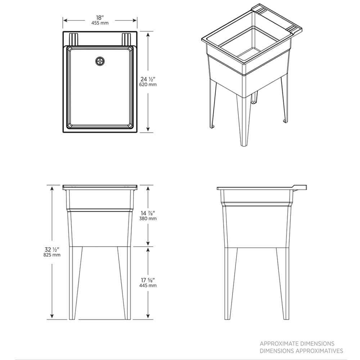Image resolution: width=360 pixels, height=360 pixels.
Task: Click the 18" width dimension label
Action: pyautogui.click(x=100, y=18)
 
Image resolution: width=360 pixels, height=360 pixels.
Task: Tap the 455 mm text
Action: pyautogui.click(x=100, y=23)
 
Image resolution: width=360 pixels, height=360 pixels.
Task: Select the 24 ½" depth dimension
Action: pyautogui.click(x=148, y=79)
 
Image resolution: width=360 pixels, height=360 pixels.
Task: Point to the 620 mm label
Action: pyautogui.click(x=148, y=85)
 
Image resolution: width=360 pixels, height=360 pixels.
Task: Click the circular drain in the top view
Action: pyautogui.click(x=100, y=61)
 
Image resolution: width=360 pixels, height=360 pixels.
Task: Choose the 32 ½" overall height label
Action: pyautogui.click(x=52, y=249)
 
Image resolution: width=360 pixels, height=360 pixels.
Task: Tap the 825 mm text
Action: pyautogui.click(x=52, y=255)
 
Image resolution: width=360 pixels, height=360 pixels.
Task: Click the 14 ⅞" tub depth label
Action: pyautogui.click(x=148, y=213)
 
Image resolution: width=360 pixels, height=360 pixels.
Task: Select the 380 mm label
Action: pyautogui.click(x=148, y=219)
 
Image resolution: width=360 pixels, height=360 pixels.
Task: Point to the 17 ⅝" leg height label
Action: pyautogui.click(x=148, y=280)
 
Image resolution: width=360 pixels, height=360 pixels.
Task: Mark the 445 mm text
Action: pyautogui.click(x=148, y=285)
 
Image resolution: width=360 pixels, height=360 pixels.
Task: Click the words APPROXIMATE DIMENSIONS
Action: pyautogui.click(x=297, y=344)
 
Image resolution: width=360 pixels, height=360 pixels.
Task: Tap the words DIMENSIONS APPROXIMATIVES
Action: pyautogui.click(x=301, y=351)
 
